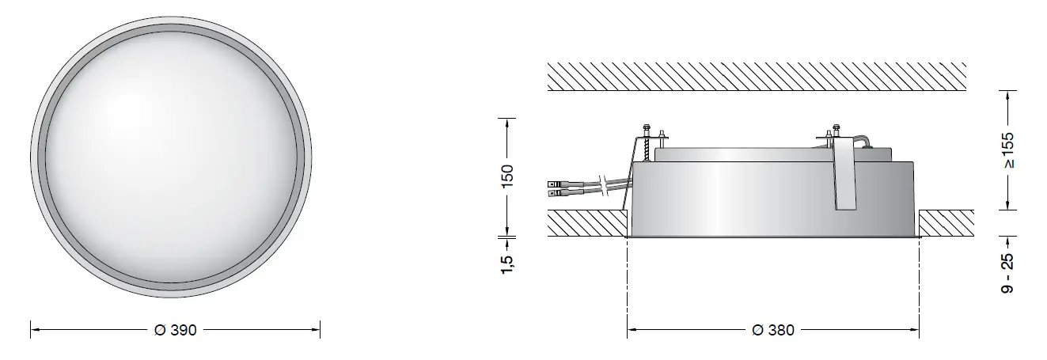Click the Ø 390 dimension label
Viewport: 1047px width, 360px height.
175,329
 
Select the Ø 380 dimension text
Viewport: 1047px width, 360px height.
772,329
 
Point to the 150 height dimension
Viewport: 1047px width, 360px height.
507,175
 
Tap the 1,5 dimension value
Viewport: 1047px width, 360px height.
507,260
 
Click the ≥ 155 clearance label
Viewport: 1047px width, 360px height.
1007,150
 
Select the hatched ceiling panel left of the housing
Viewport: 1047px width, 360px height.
586,222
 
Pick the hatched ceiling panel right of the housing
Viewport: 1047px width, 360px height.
946,222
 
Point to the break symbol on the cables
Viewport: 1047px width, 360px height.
605,185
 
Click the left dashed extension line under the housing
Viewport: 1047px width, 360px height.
628,285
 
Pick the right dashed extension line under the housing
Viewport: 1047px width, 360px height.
919,285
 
